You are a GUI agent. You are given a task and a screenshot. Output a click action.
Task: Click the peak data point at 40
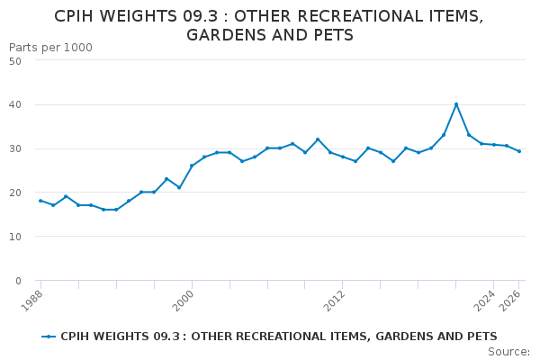coord(456,104)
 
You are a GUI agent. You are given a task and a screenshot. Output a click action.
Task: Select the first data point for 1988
coord(40,201)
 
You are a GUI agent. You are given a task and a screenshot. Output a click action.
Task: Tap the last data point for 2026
coord(519,151)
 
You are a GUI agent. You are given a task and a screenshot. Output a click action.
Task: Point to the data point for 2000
coord(192,166)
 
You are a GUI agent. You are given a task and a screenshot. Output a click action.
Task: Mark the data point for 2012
coord(343,157)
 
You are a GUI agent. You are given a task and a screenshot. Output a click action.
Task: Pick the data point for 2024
coord(494,145)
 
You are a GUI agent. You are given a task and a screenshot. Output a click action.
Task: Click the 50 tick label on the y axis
coord(15,61)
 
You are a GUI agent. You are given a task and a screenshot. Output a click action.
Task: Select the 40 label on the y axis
coord(15,104)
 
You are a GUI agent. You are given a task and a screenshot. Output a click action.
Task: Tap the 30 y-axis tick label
coord(15,148)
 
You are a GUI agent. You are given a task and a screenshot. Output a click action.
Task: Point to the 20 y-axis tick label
coord(15,193)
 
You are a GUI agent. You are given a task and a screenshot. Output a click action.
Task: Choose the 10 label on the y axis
coord(15,237)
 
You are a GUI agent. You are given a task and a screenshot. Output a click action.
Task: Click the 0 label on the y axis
coord(18,281)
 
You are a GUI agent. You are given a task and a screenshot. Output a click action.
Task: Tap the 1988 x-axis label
coord(32,301)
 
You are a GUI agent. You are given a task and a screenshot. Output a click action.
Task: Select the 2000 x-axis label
coord(184,301)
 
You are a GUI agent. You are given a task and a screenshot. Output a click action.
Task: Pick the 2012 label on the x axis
coord(335,301)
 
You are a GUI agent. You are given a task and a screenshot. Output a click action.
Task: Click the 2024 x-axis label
coord(485,301)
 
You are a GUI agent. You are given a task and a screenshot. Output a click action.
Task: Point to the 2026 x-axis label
coord(510,301)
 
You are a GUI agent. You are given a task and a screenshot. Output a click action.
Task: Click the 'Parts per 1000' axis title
coord(50,48)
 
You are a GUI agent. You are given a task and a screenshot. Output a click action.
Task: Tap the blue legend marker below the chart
coord(49,337)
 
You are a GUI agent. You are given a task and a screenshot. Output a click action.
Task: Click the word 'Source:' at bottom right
coord(509,352)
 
